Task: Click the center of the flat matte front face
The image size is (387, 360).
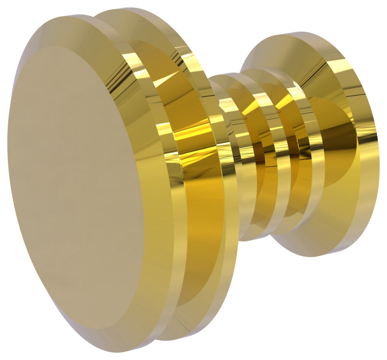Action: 76,187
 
